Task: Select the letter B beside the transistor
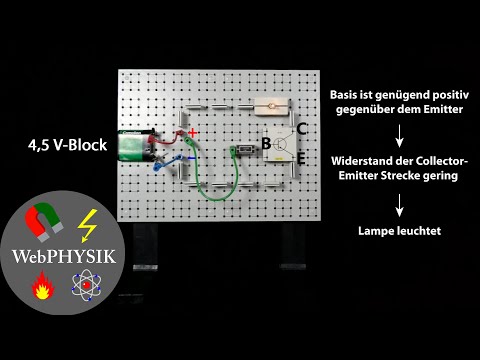266,144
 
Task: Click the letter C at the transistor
301,130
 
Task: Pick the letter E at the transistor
301,158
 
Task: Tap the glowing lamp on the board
271,105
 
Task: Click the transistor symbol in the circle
282,144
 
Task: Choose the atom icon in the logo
86,291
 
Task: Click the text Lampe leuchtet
399,230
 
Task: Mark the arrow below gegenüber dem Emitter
399,135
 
